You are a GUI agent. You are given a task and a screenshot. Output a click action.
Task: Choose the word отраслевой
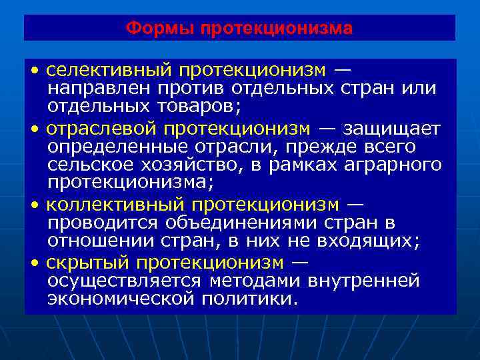click(x=99, y=127)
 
